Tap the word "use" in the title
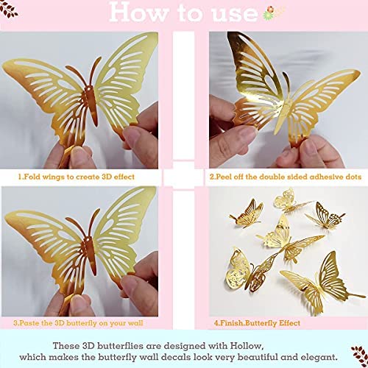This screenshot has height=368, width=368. click(x=235, y=14)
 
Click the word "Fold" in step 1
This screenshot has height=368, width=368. click(x=32, y=177)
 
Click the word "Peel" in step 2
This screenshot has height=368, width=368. click(x=224, y=177)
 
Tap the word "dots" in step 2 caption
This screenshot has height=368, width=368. click(x=353, y=177)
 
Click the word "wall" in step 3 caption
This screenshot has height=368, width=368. click(x=135, y=323)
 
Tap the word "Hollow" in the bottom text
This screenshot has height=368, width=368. click(x=247, y=346)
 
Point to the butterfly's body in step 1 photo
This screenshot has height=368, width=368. click(x=93, y=105)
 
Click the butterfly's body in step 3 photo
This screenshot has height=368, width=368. click(x=91, y=256)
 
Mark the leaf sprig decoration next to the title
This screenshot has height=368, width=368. click(x=8, y=10)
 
